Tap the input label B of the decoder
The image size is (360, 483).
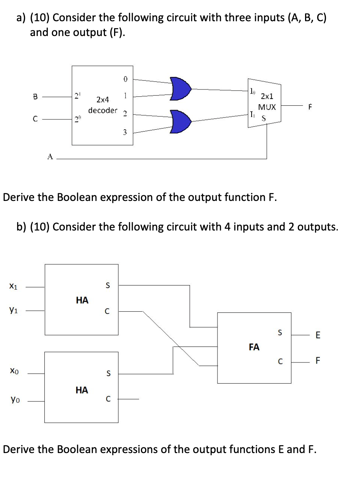36,96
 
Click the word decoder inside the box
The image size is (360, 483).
103,110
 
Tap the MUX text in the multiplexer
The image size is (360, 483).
267,108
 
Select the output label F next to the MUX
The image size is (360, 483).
310,107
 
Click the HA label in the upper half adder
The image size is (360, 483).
82,300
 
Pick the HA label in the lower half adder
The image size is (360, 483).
82,390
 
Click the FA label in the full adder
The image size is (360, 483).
254,347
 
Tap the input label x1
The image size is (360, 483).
13,287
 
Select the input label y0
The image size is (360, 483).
13,399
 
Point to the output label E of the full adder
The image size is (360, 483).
318,335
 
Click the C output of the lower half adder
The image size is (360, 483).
108,399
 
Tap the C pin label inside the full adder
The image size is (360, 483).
280,361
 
